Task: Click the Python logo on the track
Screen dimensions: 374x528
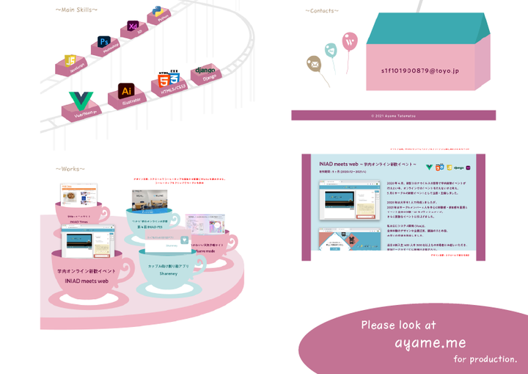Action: click(x=158, y=12)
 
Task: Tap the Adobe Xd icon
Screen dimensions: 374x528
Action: click(x=133, y=27)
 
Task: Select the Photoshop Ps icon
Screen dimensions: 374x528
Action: click(x=104, y=43)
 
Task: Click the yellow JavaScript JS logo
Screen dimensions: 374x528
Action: click(x=71, y=60)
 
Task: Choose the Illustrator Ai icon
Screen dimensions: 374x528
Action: click(x=125, y=90)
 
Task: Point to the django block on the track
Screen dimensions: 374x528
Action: click(x=205, y=71)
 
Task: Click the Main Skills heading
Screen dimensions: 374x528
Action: click(x=76, y=10)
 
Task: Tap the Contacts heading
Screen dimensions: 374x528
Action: click(x=322, y=11)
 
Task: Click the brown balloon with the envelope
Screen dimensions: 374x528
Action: click(x=314, y=65)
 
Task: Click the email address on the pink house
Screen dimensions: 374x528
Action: click(x=419, y=71)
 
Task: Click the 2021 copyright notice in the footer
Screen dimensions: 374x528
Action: click(x=393, y=115)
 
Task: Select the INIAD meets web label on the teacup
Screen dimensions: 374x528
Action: click(x=87, y=281)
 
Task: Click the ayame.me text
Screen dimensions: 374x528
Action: click(x=430, y=343)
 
